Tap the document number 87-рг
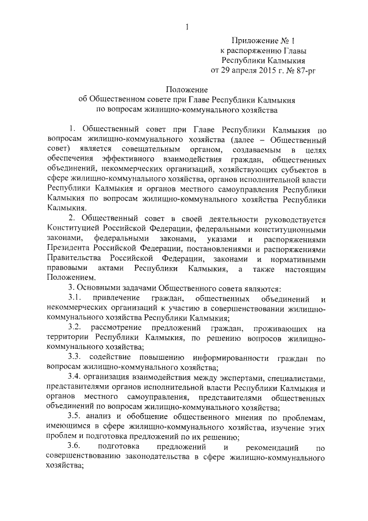pyautogui.click(x=302, y=70)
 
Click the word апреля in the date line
pyautogui.click(x=240, y=70)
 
